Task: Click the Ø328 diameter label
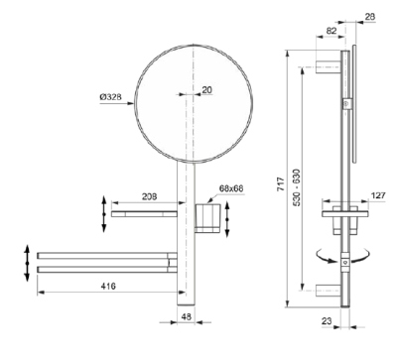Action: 110,97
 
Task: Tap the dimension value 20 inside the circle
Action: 206,90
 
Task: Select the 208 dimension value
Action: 150,196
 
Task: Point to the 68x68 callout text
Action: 231,188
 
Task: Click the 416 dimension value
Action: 108,286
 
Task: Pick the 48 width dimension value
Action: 187,316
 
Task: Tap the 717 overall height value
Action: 281,183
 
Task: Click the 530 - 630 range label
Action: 296,187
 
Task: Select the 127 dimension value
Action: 378,195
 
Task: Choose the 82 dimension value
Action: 331,31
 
